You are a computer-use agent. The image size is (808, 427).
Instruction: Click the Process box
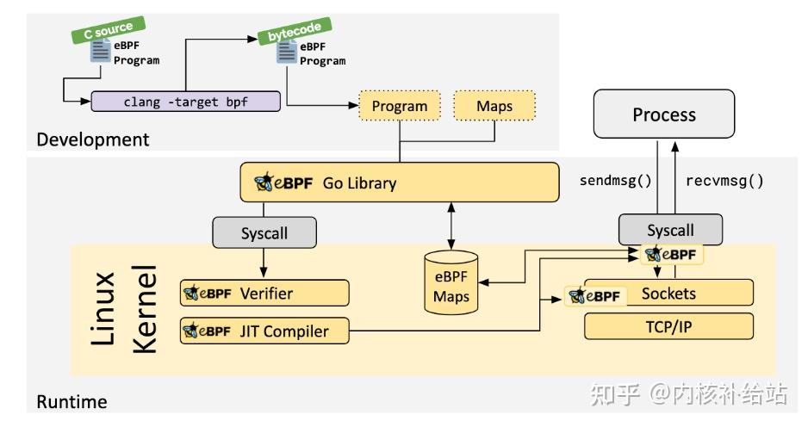tap(664, 114)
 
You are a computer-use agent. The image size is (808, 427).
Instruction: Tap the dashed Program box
tap(399, 107)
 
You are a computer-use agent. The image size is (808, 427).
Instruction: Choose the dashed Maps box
tap(494, 107)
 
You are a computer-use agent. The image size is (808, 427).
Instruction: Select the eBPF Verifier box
tap(264, 293)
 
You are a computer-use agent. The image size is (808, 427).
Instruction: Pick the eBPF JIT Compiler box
tap(264, 331)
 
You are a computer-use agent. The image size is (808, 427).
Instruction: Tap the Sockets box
tap(668, 294)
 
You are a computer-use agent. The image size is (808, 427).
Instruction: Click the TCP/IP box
tap(668, 326)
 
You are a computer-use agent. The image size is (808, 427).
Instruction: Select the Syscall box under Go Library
tap(264, 232)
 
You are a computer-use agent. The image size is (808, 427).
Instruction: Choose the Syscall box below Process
tap(670, 230)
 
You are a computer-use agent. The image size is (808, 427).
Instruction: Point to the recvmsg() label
tap(724, 181)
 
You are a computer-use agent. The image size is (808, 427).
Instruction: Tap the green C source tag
tap(108, 30)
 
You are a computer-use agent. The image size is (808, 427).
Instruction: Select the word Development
tap(92, 139)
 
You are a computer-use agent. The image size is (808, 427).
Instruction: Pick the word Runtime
tap(71, 401)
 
